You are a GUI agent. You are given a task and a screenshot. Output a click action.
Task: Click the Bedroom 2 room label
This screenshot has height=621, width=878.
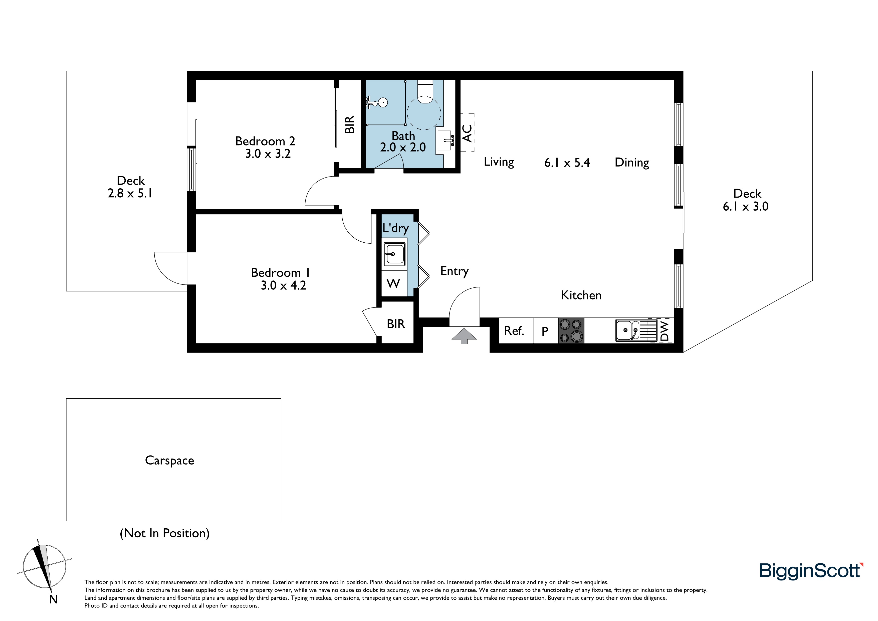[265, 141]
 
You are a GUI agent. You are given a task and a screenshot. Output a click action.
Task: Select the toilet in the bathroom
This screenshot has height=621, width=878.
[424, 92]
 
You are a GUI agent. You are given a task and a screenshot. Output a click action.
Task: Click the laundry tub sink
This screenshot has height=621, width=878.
[394, 254]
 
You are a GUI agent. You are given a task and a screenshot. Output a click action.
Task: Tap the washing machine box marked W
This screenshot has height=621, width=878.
[393, 283]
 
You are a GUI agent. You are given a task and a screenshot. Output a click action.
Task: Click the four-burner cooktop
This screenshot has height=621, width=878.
[571, 331]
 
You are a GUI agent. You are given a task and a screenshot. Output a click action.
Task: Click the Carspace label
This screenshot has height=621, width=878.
[169, 460]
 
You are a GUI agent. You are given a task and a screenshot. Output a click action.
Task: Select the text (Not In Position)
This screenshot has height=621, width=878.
[165, 533]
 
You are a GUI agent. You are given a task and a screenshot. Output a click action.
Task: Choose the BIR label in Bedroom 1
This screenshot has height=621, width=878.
[396, 324]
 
